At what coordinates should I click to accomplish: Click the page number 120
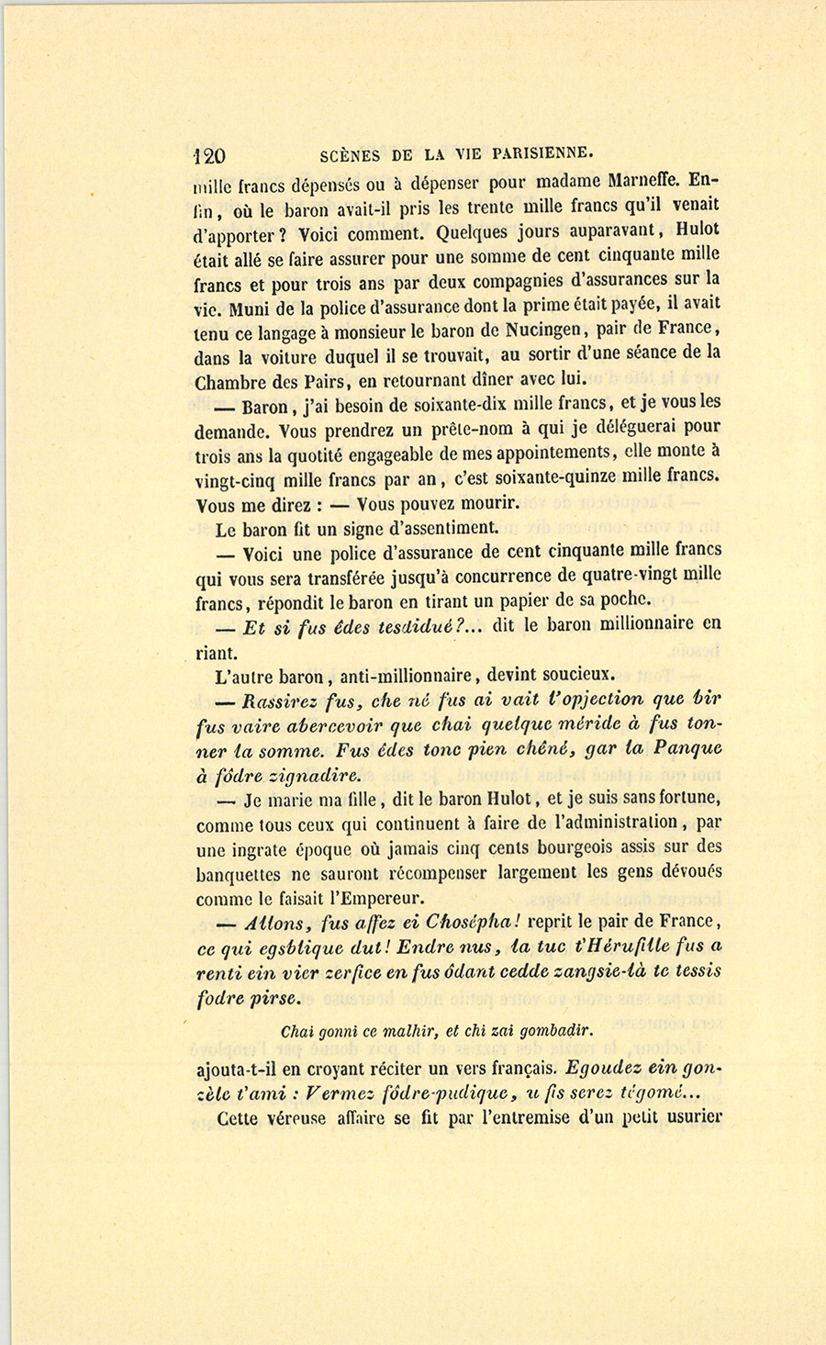point(210,154)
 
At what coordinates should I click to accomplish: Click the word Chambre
point(229,381)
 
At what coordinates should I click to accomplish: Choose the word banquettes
point(239,874)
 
